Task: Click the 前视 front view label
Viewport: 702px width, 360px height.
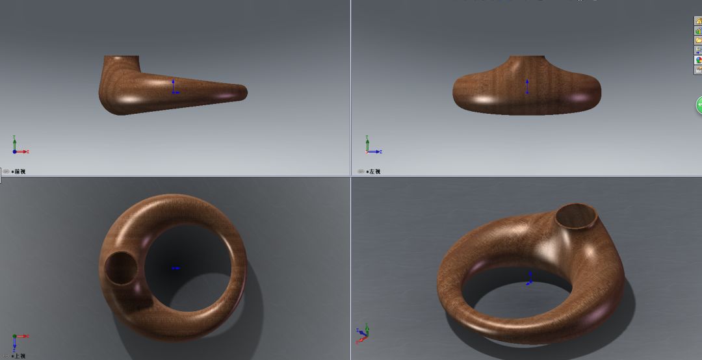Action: pos(19,172)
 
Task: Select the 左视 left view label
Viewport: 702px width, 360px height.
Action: pos(373,172)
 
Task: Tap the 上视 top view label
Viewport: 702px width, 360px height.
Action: pos(19,356)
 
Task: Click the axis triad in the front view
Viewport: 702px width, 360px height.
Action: pos(18,147)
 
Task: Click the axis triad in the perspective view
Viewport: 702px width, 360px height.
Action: pos(362,333)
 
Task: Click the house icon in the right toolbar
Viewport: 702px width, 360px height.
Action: pos(699,21)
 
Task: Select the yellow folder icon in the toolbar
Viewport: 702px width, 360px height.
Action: pos(699,40)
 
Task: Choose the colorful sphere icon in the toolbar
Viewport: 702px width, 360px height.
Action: pos(699,60)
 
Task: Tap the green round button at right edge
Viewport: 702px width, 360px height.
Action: pos(699,105)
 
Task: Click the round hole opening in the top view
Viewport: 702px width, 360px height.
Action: pos(120,268)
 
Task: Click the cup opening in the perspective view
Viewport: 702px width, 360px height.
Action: pos(577,216)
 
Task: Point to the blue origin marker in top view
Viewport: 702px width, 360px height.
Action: pos(175,268)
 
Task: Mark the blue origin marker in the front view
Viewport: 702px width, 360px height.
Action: pos(174,88)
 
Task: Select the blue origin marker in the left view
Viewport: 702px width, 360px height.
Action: pos(526,87)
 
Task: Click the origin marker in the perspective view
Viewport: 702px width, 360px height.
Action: pos(530,279)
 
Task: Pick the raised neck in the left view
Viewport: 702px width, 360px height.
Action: pos(526,63)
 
